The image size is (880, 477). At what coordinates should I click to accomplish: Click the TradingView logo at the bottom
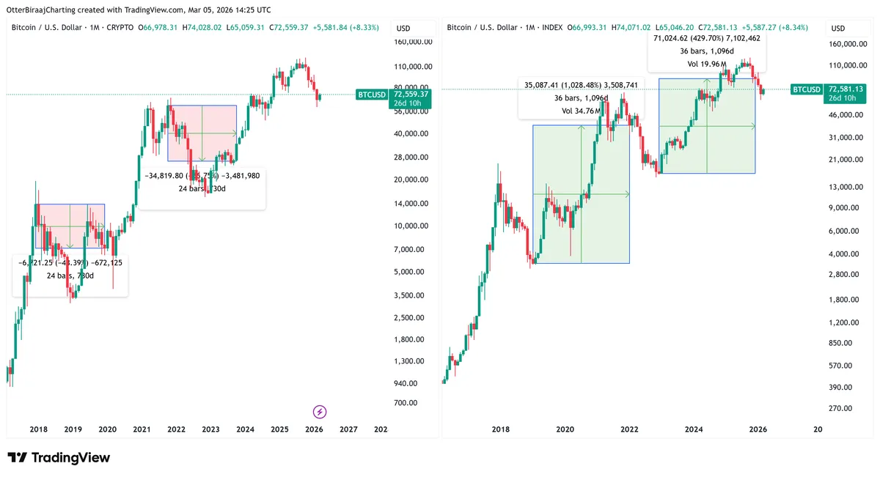tap(59, 458)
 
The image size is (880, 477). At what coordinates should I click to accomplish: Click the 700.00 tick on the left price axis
tap(405, 402)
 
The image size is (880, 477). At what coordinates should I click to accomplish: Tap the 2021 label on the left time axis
tap(142, 429)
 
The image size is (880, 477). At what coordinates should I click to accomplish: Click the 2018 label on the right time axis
tap(501, 429)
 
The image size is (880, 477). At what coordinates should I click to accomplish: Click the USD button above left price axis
tap(403, 29)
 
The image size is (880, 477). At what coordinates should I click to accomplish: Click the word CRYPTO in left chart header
tap(120, 28)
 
